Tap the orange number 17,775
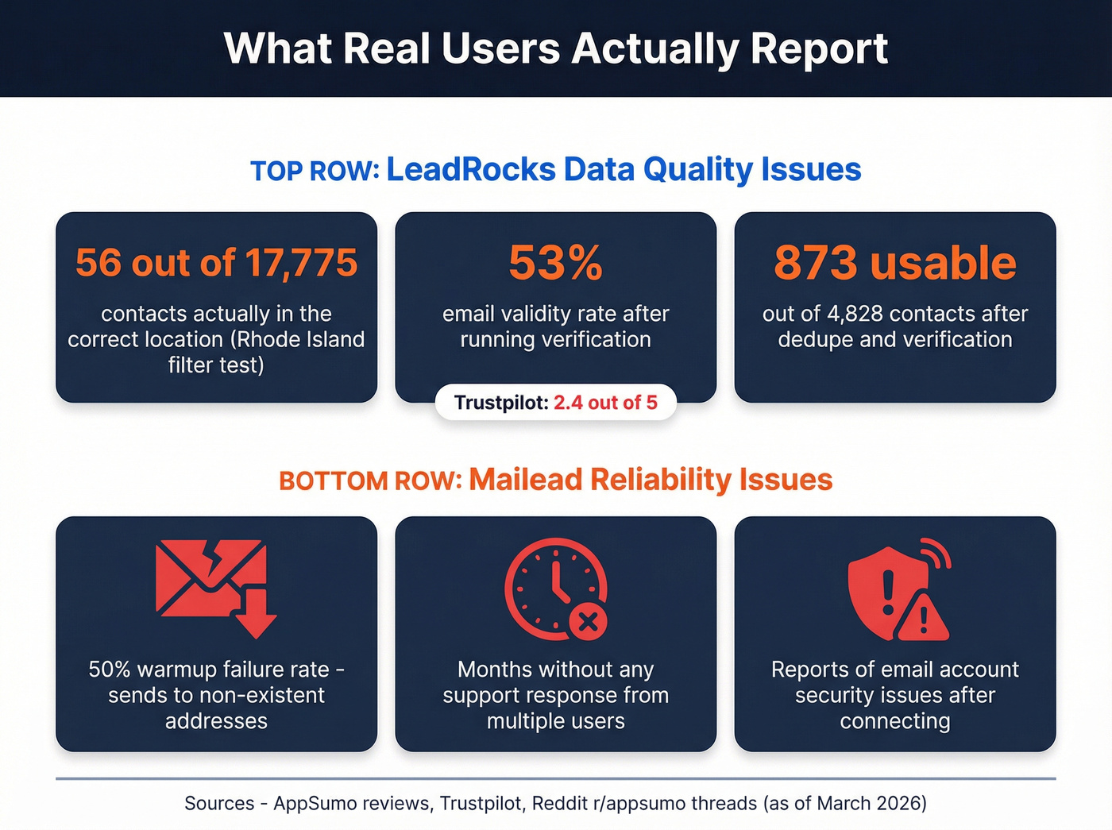[301, 263]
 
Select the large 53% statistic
[555, 263]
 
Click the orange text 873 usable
[894, 263]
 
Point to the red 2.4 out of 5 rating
[605, 403]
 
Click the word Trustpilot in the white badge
[500, 403]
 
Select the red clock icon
[554, 588]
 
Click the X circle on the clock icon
[589, 622]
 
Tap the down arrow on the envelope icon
[256, 616]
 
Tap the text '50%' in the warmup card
[110, 670]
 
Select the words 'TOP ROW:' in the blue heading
[315, 172]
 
